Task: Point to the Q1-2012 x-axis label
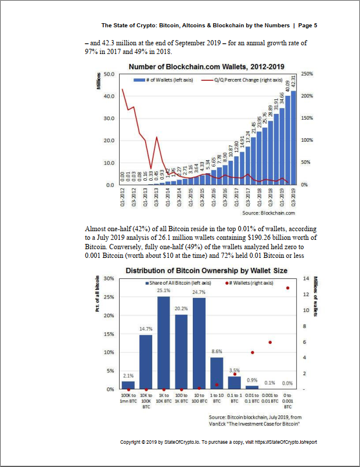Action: [x=123, y=197]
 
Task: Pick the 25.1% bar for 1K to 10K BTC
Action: [x=164, y=343]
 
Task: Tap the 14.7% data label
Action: [x=146, y=329]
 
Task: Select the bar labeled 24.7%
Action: [x=199, y=344]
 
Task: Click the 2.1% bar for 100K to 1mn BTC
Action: [x=128, y=385]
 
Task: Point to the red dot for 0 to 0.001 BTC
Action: [x=287, y=288]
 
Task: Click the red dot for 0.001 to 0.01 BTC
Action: [x=270, y=342]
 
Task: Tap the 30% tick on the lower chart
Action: [x=107, y=279]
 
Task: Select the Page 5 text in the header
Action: [x=307, y=26]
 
